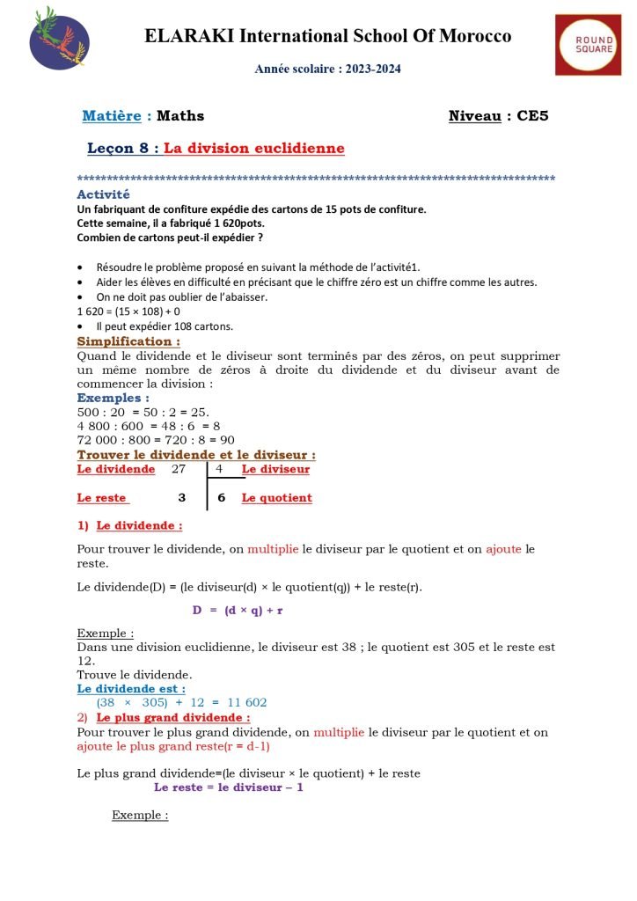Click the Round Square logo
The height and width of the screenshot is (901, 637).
588,44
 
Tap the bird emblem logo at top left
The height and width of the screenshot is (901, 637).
59,37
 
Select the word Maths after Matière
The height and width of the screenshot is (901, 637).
180,115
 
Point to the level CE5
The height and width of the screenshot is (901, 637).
532,115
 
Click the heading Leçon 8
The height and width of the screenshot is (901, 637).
123,149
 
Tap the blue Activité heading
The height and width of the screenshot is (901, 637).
103,194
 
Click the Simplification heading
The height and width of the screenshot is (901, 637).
129,341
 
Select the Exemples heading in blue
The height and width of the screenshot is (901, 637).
113,398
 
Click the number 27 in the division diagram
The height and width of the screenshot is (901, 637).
180,469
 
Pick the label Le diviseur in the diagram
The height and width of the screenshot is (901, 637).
275,469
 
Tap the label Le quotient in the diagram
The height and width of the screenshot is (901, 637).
276,498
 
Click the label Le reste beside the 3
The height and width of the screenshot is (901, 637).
102,498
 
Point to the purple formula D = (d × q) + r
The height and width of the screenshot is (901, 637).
244,609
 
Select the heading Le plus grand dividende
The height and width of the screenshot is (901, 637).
173,718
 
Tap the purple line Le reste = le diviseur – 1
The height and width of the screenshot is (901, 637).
228,787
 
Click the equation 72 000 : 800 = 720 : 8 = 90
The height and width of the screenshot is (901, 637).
156,440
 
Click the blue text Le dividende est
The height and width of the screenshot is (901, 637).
131,688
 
